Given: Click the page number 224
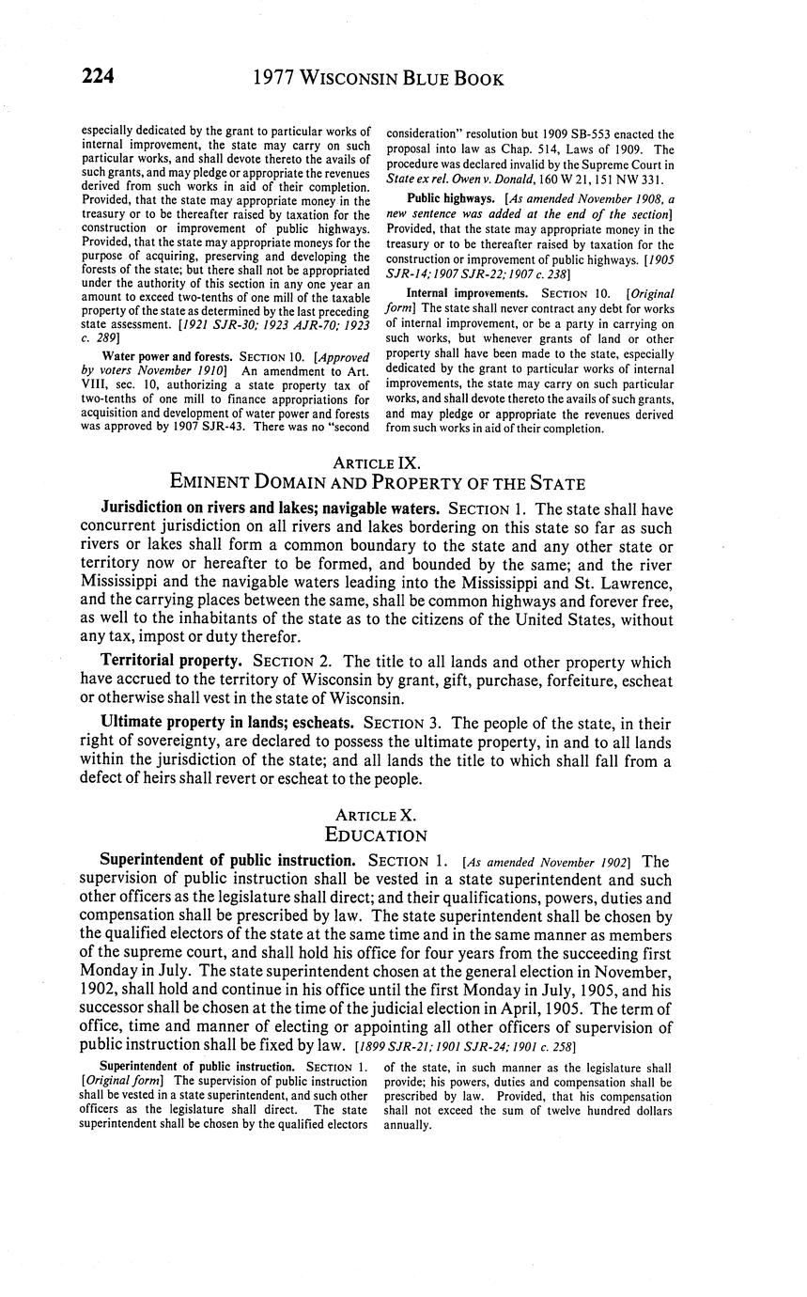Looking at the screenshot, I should pyautogui.click(x=97, y=77).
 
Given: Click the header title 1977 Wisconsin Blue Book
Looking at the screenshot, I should pyautogui.click(x=379, y=78).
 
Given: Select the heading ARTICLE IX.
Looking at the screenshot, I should pyautogui.click(x=377, y=462).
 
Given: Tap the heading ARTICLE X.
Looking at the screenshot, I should pyautogui.click(x=377, y=815).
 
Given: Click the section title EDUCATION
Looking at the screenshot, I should pyautogui.click(x=377, y=835).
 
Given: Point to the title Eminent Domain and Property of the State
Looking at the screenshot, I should pyautogui.click(x=377, y=483).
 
